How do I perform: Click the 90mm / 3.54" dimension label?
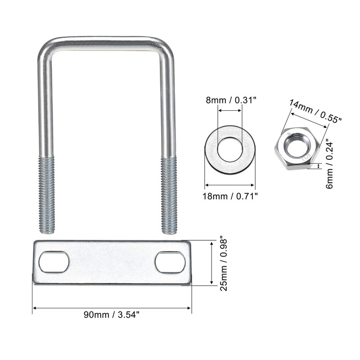(x=112, y=315)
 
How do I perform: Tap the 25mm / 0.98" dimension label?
(x=223, y=265)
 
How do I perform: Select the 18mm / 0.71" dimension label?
(x=230, y=196)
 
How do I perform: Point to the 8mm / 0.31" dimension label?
(x=231, y=100)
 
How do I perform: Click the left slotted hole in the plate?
(x=54, y=262)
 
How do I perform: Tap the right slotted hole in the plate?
(x=170, y=262)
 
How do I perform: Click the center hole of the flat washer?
(x=230, y=149)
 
